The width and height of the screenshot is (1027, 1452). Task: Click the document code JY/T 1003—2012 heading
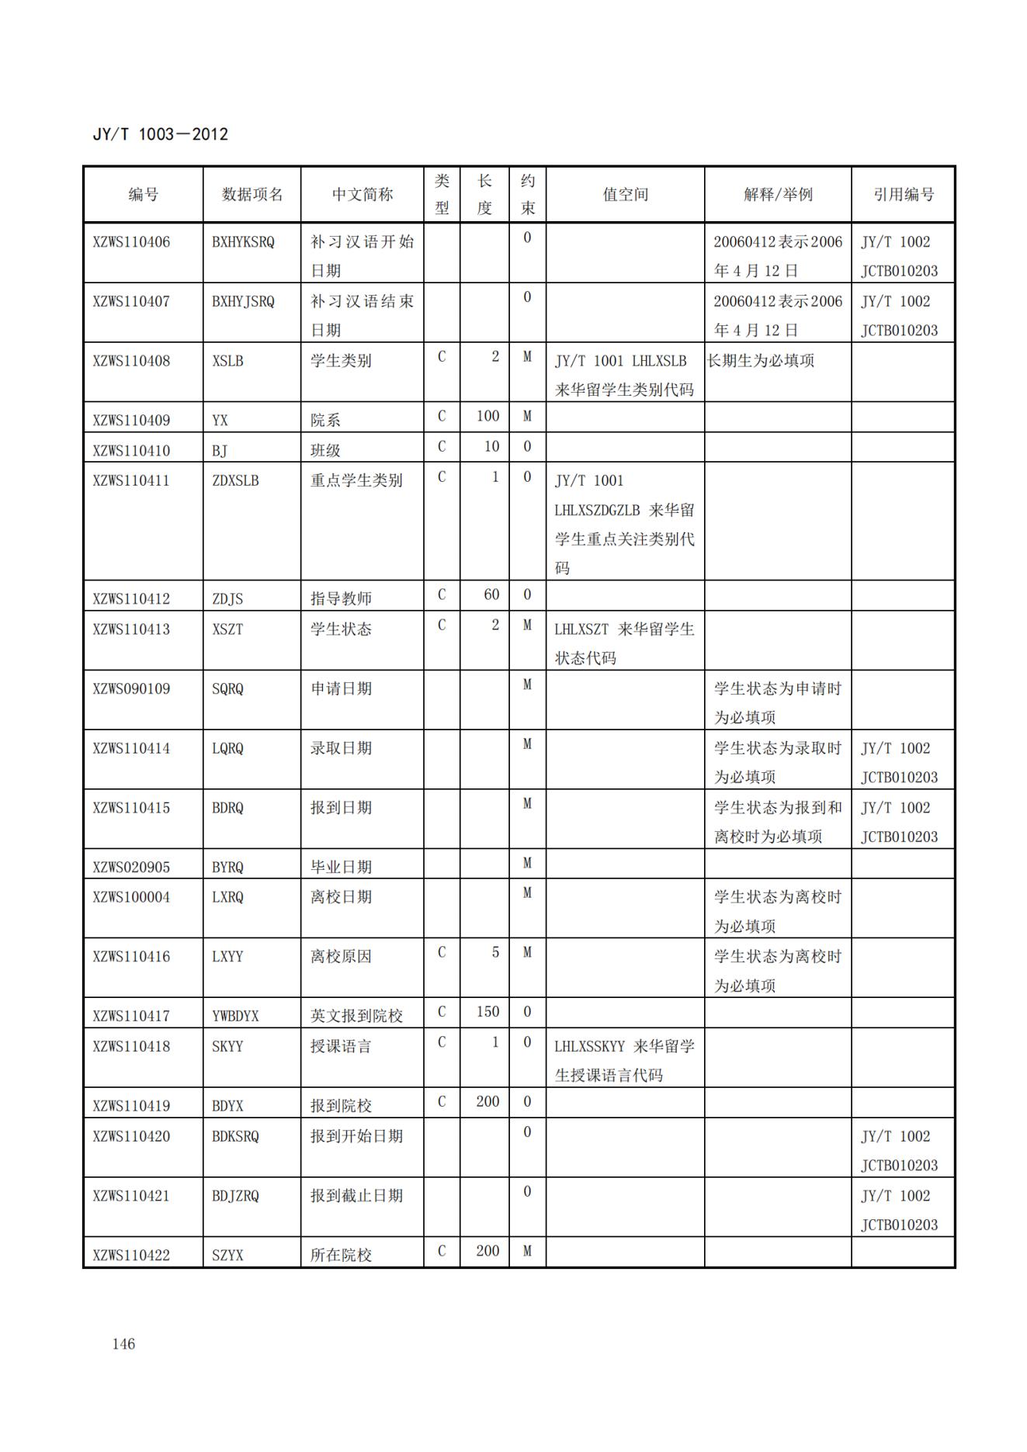click(160, 134)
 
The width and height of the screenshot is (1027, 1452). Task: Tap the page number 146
click(123, 1344)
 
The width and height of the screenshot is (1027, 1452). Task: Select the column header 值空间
click(625, 195)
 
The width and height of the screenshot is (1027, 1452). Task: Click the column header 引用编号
click(903, 195)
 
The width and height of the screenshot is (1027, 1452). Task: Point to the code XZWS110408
click(131, 361)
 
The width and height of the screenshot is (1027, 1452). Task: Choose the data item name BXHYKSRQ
click(243, 242)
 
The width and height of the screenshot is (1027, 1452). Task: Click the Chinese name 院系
click(325, 420)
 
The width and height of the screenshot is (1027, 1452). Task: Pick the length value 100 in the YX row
click(487, 416)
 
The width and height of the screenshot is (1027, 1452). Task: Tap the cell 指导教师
click(341, 598)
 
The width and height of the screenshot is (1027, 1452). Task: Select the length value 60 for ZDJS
click(491, 594)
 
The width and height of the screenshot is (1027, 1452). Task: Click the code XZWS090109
click(131, 688)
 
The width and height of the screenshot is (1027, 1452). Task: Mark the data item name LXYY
click(227, 957)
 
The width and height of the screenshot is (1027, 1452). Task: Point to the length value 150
click(487, 1012)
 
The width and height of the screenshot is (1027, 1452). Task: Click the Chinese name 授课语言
click(341, 1046)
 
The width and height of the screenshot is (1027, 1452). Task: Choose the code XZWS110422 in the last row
click(131, 1255)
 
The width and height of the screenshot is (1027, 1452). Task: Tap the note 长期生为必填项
click(761, 361)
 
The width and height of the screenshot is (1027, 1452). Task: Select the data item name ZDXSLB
click(235, 480)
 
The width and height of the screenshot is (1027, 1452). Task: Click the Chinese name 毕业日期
click(341, 867)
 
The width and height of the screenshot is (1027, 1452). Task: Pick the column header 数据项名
click(252, 195)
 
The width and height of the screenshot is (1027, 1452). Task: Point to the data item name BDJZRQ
click(235, 1196)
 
